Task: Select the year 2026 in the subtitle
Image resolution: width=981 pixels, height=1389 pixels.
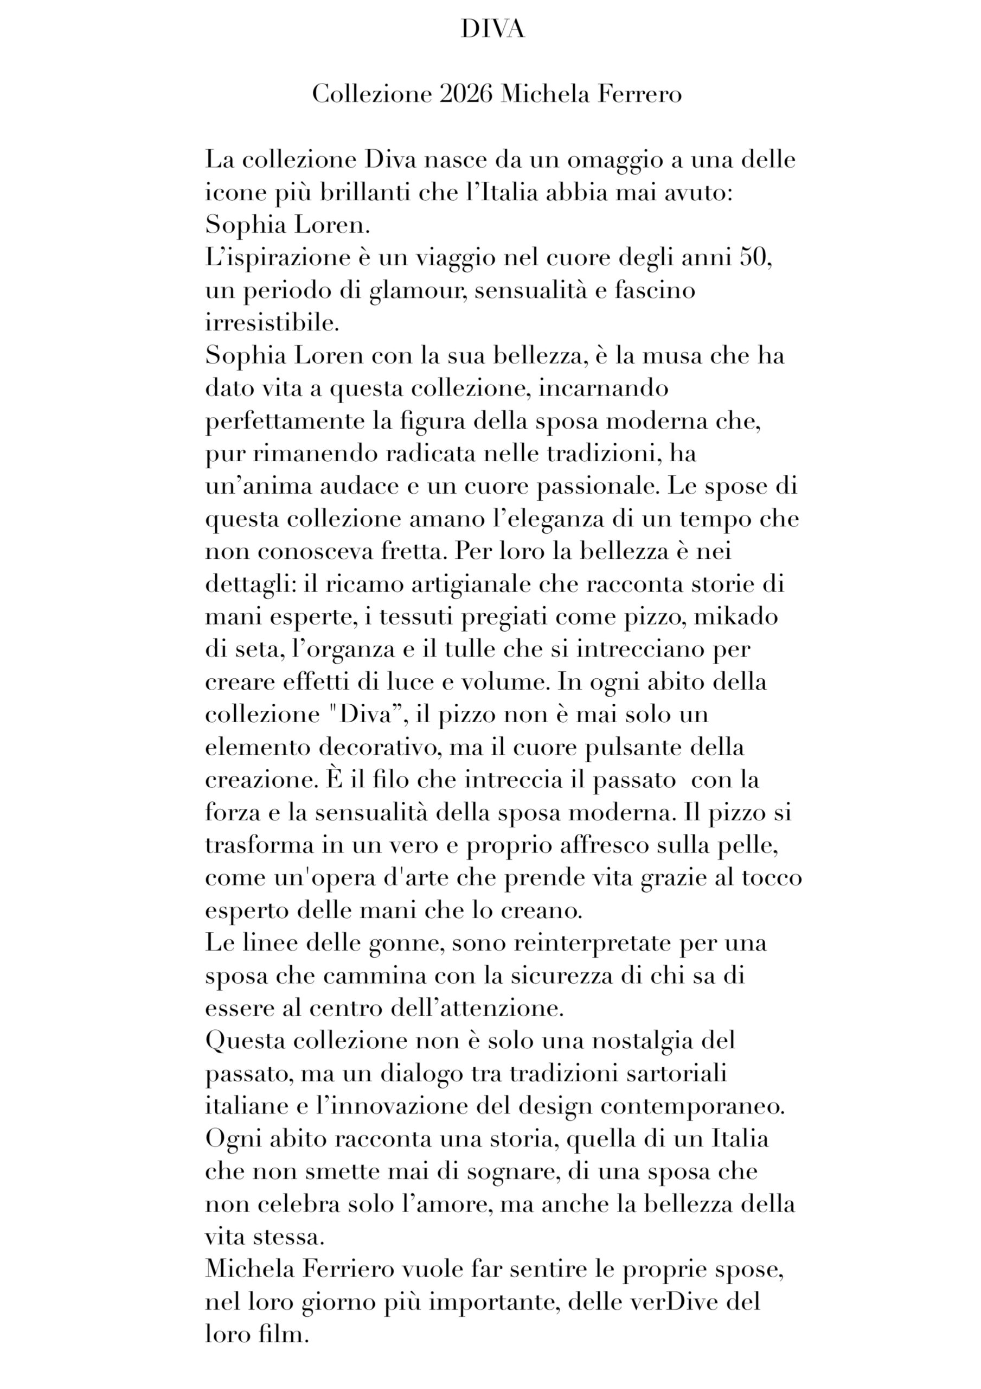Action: click(466, 94)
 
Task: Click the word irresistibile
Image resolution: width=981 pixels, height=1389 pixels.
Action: click(272, 323)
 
